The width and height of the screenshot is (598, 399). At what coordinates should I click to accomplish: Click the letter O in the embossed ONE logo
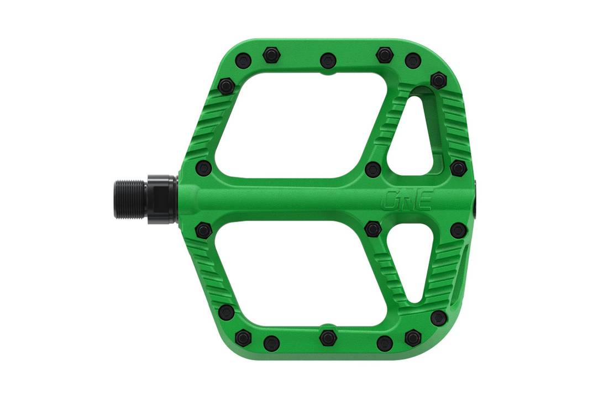point(391,201)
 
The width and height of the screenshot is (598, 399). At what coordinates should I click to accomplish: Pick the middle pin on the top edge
point(328,60)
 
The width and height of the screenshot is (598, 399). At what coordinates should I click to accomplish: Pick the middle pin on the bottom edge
point(328,338)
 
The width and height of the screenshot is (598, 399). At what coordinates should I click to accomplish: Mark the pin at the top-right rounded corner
point(438,80)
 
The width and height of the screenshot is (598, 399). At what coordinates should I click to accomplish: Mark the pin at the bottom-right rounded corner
point(438,318)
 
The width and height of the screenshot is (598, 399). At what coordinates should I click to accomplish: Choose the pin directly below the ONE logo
point(373,228)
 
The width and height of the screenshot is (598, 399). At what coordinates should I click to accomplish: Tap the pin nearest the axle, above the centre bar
point(203,168)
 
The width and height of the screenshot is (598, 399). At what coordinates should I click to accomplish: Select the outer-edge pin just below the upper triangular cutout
point(458,168)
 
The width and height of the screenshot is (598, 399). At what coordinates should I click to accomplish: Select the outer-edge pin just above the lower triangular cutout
point(458,230)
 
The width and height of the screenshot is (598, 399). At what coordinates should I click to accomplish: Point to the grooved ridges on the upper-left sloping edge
point(210,127)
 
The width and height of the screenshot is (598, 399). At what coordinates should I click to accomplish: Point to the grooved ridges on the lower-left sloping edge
point(210,271)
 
